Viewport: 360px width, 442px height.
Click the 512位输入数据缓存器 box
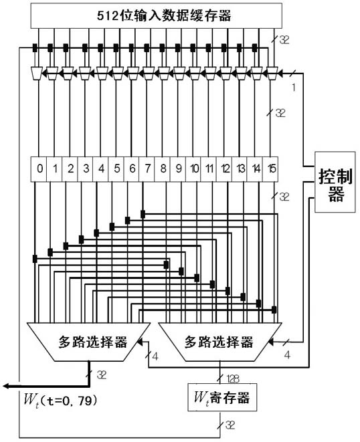[x=157, y=16]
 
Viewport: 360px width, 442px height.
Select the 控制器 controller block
[x=335, y=182]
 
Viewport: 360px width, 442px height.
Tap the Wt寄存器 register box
[x=222, y=397]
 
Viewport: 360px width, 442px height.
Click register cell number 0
[x=39, y=169]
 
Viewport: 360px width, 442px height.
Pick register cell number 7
[x=147, y=169]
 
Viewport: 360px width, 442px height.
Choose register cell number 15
[x=270, y=169]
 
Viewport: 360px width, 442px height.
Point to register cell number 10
[x=193, y=169]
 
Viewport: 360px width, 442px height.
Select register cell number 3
[x=85, y=169]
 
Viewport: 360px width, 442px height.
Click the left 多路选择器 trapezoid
[x=89, y=342]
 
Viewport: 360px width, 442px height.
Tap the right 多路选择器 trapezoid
[x=220, y=342]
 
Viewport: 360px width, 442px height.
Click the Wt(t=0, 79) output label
[x=61, y=401]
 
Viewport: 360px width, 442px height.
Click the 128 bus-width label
[x=233, y=379]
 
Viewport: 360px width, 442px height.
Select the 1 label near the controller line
[x=294, y=88]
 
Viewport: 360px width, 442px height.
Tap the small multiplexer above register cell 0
[x=37, y=74]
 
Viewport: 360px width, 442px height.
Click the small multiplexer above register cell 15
[x=272, y=74]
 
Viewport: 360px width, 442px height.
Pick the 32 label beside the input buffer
[x=284, y=40]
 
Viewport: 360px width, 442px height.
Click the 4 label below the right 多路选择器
[x=287, y=355]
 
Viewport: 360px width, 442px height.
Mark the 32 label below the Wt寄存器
[x=230, y=425]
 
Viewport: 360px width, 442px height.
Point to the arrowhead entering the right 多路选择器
[x=271, y=342]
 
